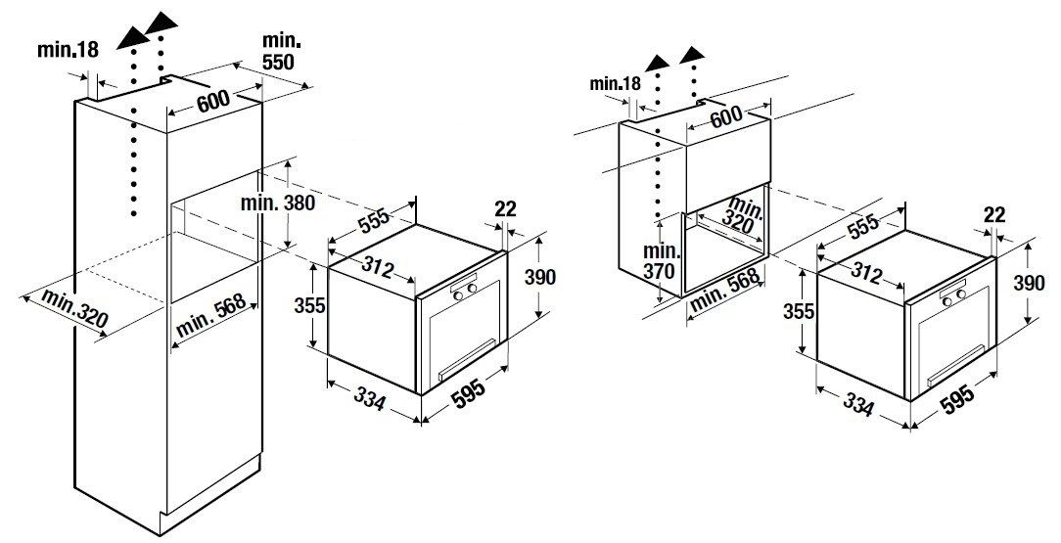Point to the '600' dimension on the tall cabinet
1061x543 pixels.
pyautogui.click(x=212, y=102)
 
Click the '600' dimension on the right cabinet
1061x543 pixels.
pyautogui.click(x=725, y=117)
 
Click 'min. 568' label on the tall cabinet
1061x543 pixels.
pyautogui.click(x=210, y=316)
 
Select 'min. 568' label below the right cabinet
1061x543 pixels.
pyautogui.click(x=725, y=291)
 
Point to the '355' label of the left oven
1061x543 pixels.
pyautogui.click(x=309, y=305)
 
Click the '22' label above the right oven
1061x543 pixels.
pyautogui.click(x=992, y=215)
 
